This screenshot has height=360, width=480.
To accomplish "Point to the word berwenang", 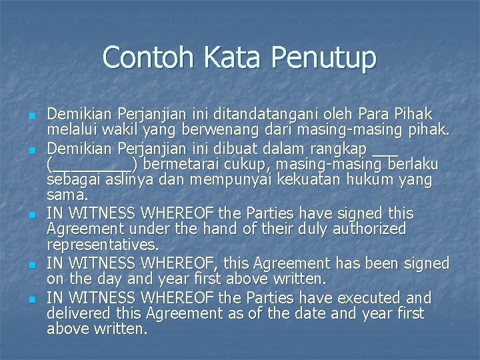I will (x=227, y=130).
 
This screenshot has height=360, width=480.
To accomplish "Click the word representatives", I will (x=103, y=246).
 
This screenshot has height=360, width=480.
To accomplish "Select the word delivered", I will (x=81, y=313).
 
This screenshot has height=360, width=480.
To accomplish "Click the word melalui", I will (x=73, y=130).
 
